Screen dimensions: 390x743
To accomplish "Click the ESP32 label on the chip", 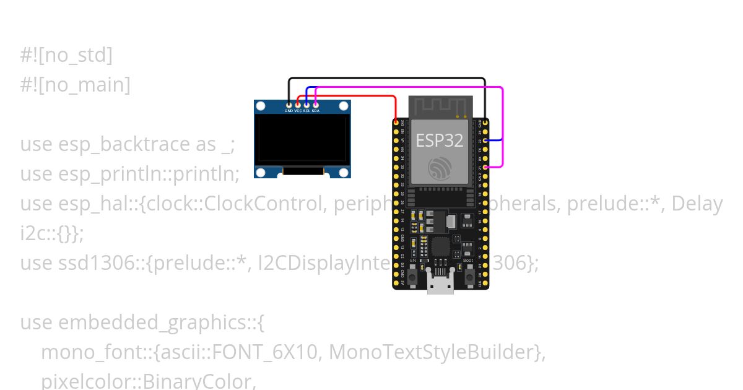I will [439, 141].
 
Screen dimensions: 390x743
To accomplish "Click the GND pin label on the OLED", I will [289, 111].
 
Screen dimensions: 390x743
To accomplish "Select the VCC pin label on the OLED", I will [298, 111].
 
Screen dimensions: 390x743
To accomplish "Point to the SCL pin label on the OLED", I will [306, 111].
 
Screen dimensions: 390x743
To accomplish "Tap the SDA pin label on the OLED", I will [316, 111].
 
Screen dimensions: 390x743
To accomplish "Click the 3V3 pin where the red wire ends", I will [396, 123].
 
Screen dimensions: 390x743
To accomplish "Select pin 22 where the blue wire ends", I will [485, 141].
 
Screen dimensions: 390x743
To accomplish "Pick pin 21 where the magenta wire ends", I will [485, 167].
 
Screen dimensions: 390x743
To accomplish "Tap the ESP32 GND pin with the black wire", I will [485, 123].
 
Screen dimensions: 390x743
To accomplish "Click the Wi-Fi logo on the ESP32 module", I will [440, 168].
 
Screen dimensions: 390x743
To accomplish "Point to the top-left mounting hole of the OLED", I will [261, 107].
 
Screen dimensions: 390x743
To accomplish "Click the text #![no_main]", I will [75, 85].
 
